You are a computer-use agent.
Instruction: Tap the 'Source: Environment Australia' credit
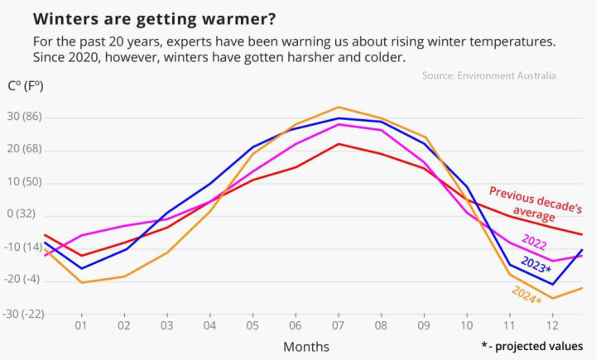[488, 75]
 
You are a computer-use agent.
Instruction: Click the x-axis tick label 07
[337, 325]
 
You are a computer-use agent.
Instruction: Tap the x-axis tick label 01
[81, 325]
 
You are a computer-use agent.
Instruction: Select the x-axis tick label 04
[209, 325]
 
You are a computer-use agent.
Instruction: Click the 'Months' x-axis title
[306, 346]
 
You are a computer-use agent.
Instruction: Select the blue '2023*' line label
[536, 266]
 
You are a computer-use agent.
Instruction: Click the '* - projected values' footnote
[531, 345]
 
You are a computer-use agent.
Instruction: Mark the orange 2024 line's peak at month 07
[338, 107]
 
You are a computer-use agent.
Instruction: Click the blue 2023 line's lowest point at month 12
[552, 284]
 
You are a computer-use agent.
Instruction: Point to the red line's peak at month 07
[338, 144]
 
